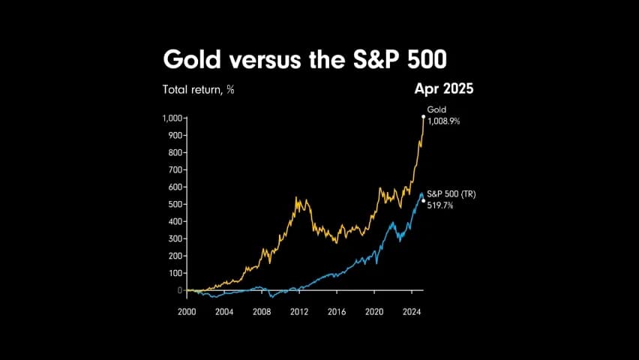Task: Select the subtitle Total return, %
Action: (x=199, y=89)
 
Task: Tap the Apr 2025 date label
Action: (x=443, y=88)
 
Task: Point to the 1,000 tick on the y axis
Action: (x=172, y=118)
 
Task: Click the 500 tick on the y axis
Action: (x=175, y=204)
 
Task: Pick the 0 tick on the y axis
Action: (x=181, y=290)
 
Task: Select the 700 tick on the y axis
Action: (x=175, y=169)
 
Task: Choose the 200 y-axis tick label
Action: (x=175, y=256)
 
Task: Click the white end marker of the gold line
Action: (x=423, y=117)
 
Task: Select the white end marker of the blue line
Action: (x=424, y=200)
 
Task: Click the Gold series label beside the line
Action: (x=436, y=109)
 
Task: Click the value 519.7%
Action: (x=441, y=205)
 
